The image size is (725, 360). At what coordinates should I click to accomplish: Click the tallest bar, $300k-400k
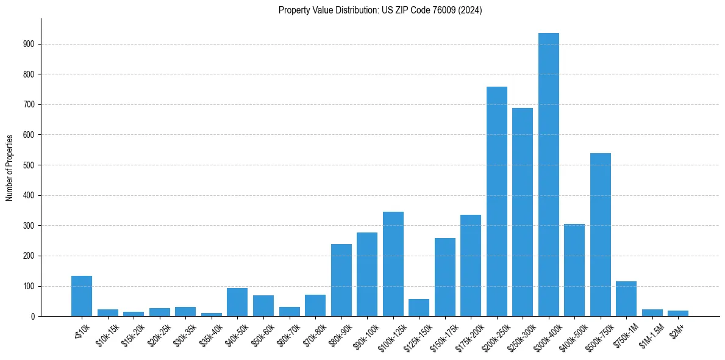click(548, 175)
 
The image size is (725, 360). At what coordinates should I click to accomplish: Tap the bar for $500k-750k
click(600, 235)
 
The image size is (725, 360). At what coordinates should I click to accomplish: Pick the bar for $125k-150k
click(419, 308)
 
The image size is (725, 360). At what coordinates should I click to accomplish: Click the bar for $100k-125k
click(393, 264)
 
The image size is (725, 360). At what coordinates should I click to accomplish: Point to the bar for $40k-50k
click(237, 302)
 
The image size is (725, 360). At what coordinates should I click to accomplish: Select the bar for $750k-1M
click(626, 299)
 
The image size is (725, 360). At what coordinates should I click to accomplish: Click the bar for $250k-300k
click(523, 212)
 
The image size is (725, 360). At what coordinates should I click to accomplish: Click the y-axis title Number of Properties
click(10, 167)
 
